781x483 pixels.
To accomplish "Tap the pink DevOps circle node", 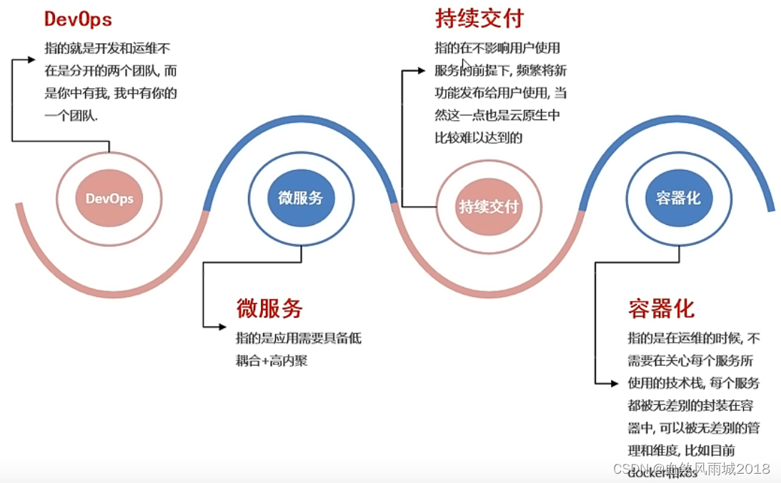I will point(109,199).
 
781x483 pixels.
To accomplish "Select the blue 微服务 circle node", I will point(301,198).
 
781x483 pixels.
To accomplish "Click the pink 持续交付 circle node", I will point(489,206).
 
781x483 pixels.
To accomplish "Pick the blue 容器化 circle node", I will point(678,198).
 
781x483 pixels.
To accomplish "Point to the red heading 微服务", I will point(269,308).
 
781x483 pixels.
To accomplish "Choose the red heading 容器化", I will point(661,309).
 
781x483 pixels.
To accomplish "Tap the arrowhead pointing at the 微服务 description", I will point(222,327).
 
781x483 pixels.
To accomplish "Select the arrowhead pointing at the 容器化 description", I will point(614,384).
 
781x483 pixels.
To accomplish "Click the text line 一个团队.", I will point(71,115).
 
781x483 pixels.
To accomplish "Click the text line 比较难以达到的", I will point(479,137).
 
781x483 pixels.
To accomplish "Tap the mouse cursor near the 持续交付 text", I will point(466,65).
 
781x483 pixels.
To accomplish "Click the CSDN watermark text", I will point(691,469).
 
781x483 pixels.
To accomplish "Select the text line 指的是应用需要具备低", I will point(299,338).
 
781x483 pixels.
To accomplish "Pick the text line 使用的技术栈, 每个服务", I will point(693,383).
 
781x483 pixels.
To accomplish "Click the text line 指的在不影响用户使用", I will point(497,49).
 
